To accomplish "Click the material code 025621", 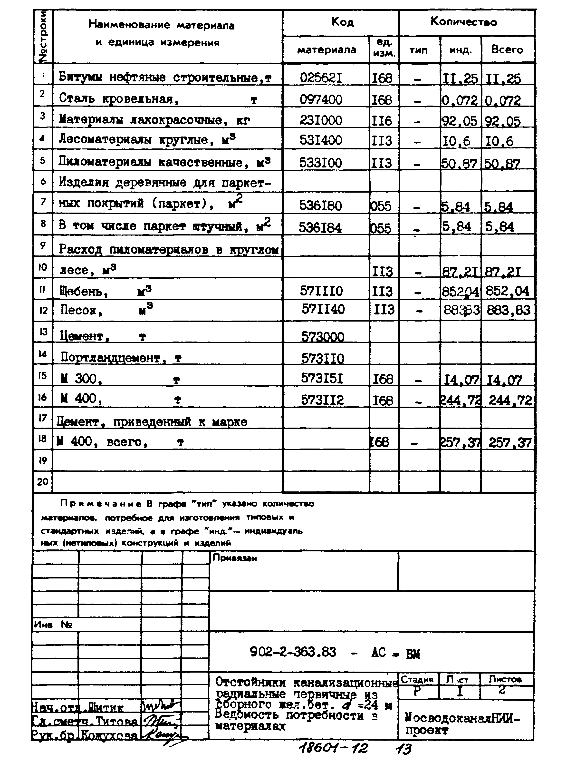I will [x=321, y=78].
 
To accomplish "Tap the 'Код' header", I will [x=342, y=22].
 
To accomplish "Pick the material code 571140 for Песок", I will [x=323, y=309].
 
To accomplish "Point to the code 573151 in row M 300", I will [x=322, y=378].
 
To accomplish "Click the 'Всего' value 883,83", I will [x=508, y=310].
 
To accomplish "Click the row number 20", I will [x=43, y=482].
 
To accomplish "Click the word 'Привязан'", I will [x=235, y=558].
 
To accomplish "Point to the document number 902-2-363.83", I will [x=293, y=652].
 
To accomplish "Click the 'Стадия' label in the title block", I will [x=417, y=680].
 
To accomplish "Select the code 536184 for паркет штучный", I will [x=320, y=228].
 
